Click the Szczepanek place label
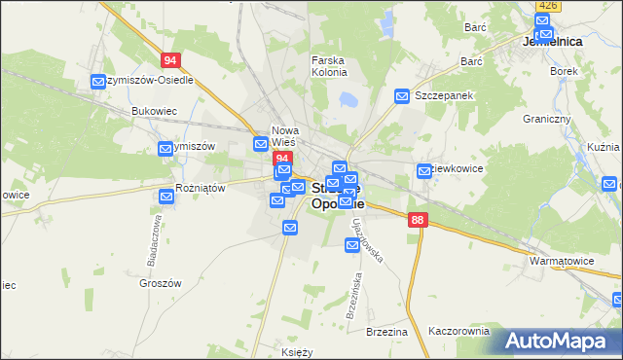pos(443,96)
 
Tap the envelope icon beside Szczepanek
pos(402,95)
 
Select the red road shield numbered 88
pos(418,221)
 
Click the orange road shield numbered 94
pos(171,59)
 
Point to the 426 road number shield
pos(547,6)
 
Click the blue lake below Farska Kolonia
pos(348,99)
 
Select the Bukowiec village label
pos(153,111)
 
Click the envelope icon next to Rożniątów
pos(165,197)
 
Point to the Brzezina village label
pos(386,331)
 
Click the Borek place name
pos(563,71)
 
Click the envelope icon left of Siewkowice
pos(424,171)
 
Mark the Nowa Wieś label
pos(285,136)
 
